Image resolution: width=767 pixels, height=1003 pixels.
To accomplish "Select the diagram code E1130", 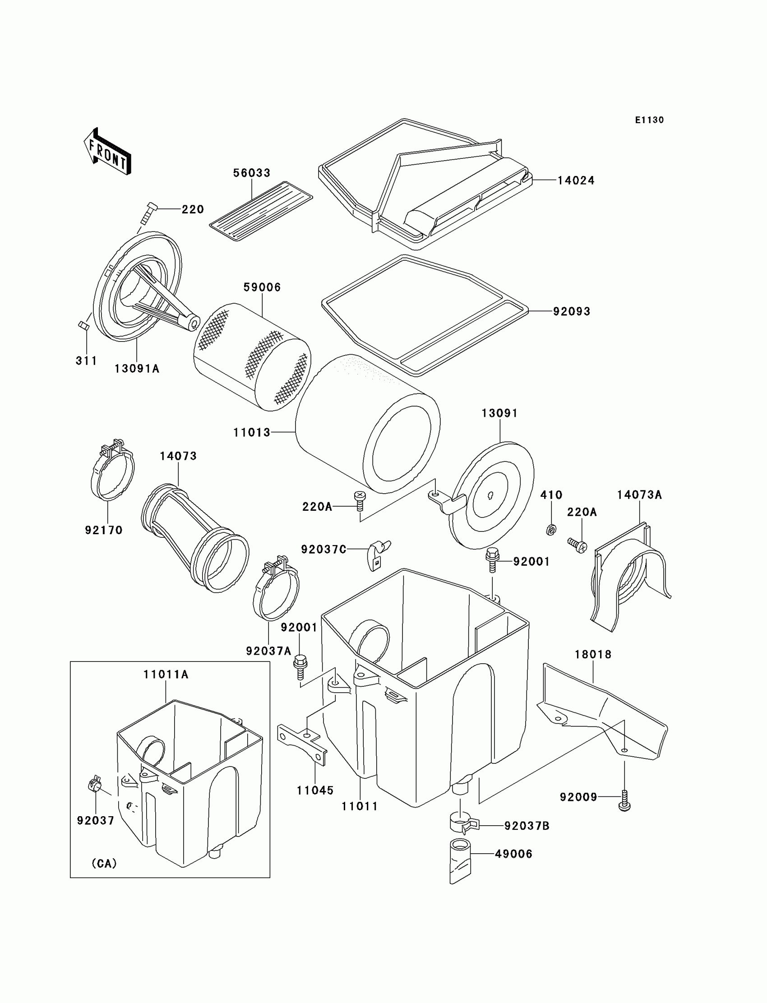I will point(649,120).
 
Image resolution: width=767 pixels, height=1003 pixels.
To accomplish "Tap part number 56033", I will point(252,173).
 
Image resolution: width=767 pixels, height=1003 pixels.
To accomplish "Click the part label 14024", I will point(576,181).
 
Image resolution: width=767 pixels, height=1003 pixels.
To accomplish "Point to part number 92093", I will point(572,311).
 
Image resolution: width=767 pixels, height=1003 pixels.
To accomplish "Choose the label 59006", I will point(262,287).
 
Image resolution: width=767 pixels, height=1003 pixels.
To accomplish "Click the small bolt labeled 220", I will point(149,213).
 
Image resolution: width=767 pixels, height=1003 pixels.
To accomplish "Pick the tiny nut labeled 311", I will point(83,325).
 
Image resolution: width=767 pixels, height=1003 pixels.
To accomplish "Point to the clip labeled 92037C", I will point(377,554).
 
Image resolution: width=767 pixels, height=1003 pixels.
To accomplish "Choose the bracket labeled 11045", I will point(302,745).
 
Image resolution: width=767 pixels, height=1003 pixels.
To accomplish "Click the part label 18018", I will point(592,655).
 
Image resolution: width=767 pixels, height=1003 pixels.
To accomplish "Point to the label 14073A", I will point(639,495).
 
